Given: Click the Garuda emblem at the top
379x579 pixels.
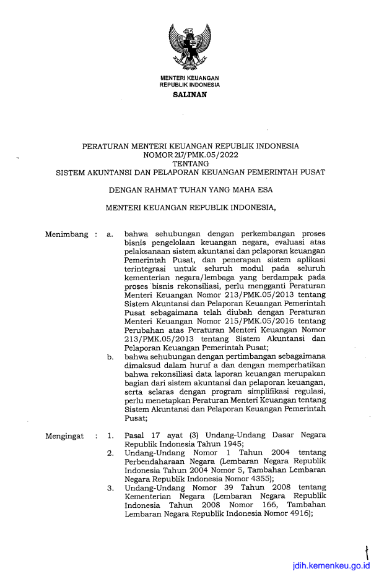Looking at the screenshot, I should tap(189, 46).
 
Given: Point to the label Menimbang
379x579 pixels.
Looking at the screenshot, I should tap(66, 234).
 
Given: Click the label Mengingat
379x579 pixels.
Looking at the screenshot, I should tap(65, 436).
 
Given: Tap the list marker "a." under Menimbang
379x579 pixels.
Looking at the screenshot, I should tap(110, 234).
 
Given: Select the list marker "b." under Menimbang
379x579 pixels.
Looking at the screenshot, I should tap(110, 357).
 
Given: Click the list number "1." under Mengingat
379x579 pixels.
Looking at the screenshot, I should tap(110, 436).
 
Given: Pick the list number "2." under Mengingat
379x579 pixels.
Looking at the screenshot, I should tap(110, 453).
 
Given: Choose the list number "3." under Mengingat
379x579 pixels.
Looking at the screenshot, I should tap(110, 488).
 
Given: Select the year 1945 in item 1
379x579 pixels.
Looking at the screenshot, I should tap(229, 444).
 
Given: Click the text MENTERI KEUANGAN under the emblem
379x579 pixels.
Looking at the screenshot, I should tap(189, 77).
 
